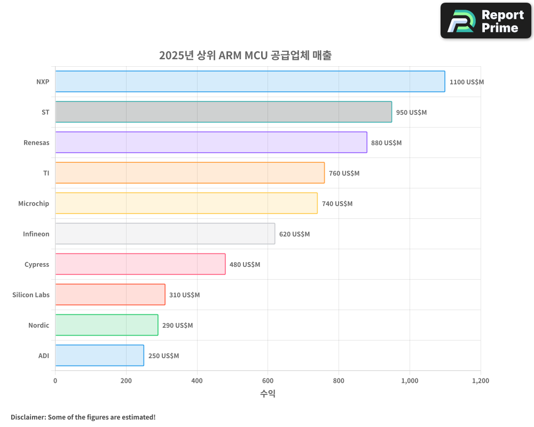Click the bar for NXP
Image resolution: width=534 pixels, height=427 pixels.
pos(250,82)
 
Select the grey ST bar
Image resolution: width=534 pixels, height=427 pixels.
pos(223,112)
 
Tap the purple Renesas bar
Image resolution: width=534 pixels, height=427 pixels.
pos(211,143)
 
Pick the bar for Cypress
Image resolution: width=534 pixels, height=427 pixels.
pos(140,264)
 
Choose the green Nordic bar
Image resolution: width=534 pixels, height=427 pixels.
pos(106,325)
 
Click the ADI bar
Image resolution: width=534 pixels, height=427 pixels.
pos(99,355)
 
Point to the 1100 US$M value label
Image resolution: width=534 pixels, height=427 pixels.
pos(466,82)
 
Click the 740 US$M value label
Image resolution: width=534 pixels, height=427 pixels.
pos(337,204)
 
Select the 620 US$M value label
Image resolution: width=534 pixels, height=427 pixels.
pos(294,234)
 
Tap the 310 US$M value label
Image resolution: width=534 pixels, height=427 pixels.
pos(184,295)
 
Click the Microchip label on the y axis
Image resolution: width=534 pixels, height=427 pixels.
pos(34,204)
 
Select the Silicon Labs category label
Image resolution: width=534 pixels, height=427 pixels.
pos(31,295)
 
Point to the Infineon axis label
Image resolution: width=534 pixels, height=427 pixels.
pos(36,234)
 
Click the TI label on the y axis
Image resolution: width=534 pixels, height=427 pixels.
pos(46,173)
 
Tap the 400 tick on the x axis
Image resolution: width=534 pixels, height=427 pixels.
pos(197,381)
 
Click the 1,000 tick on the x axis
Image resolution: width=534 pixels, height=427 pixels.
pos(410,381)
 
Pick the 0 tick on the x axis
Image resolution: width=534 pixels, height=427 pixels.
pos(55,381)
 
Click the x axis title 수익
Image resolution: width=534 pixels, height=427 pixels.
pos(268,394)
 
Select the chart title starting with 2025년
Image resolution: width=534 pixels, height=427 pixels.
pos(245,56)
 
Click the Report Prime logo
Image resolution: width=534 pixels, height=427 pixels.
pos(486,21)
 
